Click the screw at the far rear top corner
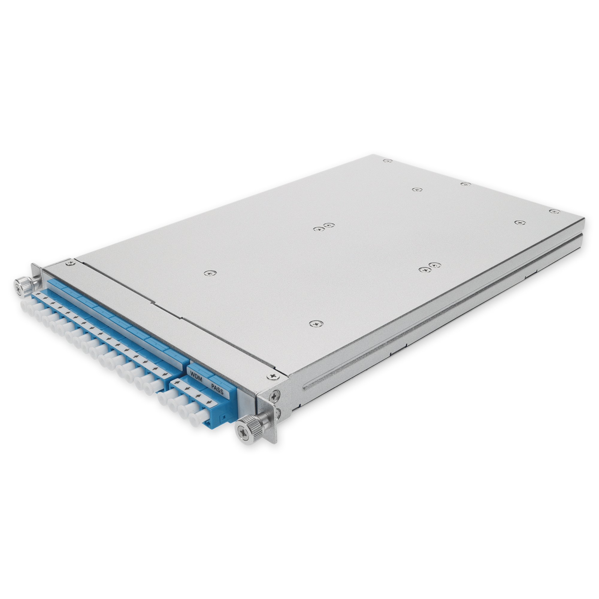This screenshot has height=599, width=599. (x=386, y=161)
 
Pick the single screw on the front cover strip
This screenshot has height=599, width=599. (x=211, y=273)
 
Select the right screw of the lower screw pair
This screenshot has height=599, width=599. (x=435, y=265)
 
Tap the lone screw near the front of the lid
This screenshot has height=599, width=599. (x=315, y=324)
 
